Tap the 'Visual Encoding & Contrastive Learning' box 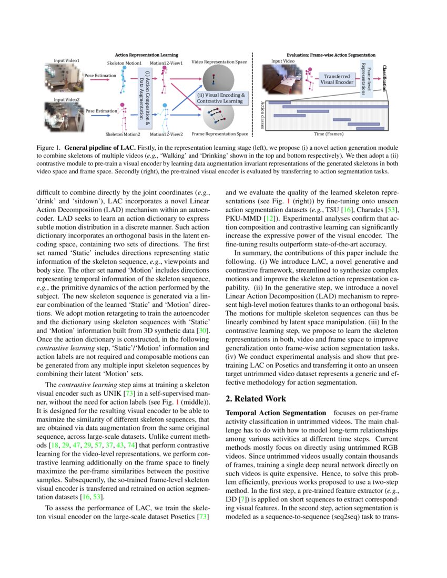221,98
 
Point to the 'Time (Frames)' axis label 328,134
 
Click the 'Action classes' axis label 263,116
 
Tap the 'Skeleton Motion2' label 121,134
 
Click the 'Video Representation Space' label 219,62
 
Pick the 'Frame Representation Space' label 220,134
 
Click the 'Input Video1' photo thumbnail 66,77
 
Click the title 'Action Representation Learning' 146,55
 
